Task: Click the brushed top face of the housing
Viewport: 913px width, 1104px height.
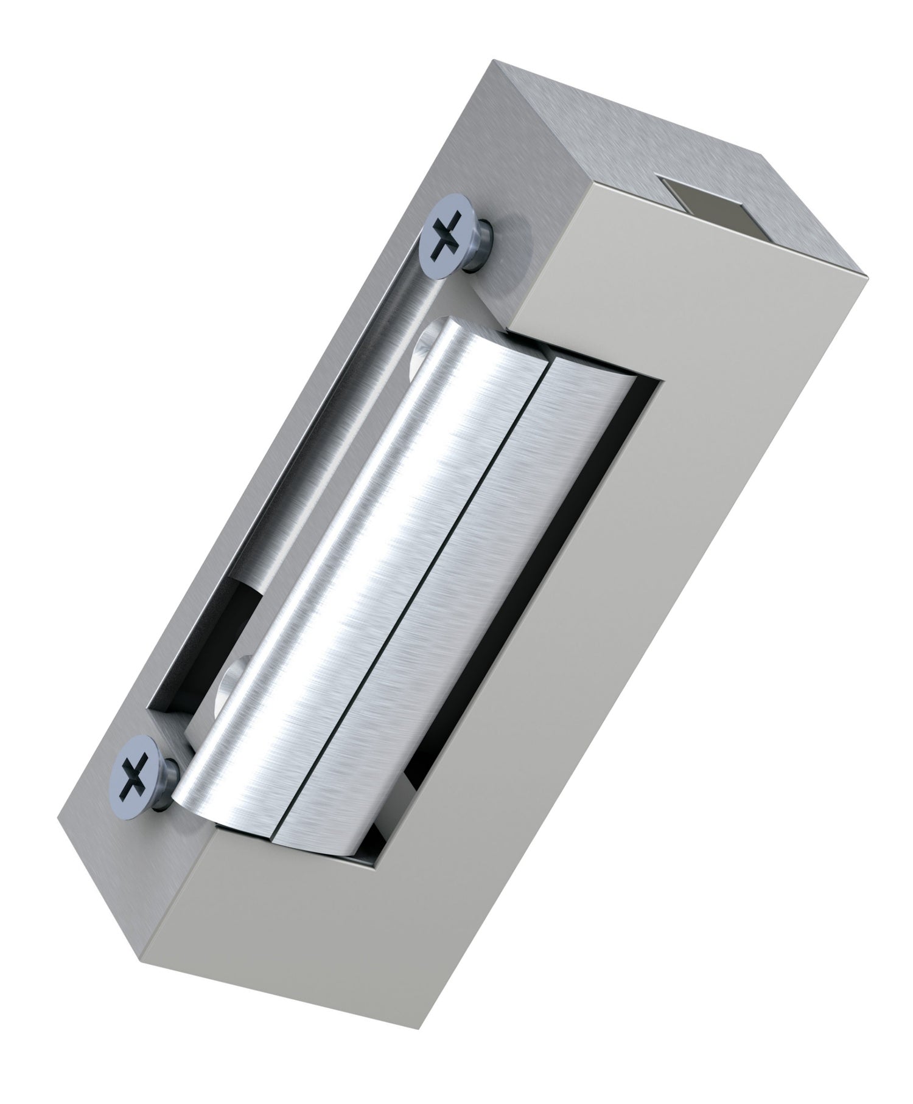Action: (x=609, y=152)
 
